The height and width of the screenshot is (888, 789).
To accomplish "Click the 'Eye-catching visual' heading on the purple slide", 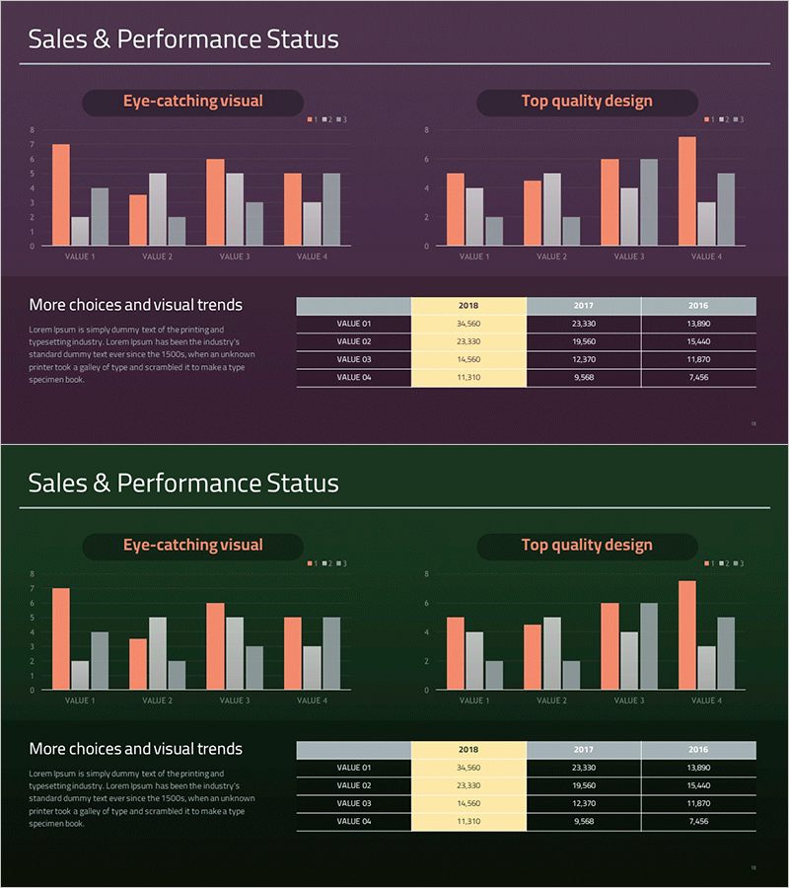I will pyautogui.click(x=192, y=101).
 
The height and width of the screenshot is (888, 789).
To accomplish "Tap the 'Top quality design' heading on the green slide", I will pyautogui.click(x=587, y=545).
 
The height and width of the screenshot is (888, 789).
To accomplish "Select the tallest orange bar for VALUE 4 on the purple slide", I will pyautogui.click(x=687, y=191).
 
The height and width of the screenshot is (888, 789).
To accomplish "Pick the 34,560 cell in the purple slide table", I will pyautogui.click(x=468, y=324).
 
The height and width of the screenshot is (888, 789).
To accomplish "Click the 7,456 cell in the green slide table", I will pyautogui.click(x=698, y=821).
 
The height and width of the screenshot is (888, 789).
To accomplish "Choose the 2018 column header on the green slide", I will pyautogui.click(x=468, y=750).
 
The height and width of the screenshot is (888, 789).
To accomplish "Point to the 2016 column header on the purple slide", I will pyautogui.click(x=698, y=306).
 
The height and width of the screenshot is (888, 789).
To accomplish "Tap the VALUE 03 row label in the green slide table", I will pyautogui.click(x=353, y=803).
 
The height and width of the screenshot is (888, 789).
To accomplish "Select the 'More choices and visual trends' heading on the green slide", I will pyautogui.click(x=135, y=749).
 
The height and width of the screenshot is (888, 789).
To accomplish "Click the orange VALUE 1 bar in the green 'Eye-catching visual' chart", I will pyautogui.click(x=61, y=638).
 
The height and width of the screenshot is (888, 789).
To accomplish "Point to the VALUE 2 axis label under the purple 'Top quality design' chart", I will pyautogui.click(x=551, y=257).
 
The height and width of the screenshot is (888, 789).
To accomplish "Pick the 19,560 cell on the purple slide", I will pyautogui.click(x=584, y=341).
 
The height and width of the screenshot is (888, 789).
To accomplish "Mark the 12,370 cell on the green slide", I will pyautogui.click(x=584, y=803).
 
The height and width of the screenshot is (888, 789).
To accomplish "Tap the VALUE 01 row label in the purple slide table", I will pyautogui.click(x=353, y=324).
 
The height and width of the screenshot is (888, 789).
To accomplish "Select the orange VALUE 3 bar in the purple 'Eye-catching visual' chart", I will pyautogui.click(x=215, y=202).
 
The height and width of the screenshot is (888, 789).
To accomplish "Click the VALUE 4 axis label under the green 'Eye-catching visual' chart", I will pyautogui.click(x=312, y=701).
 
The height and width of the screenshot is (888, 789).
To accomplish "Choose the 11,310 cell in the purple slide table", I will pyautogui.click(x=468, y=377).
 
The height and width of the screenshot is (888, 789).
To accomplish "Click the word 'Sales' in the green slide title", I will pyautogui.click(x=55, y=483).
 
